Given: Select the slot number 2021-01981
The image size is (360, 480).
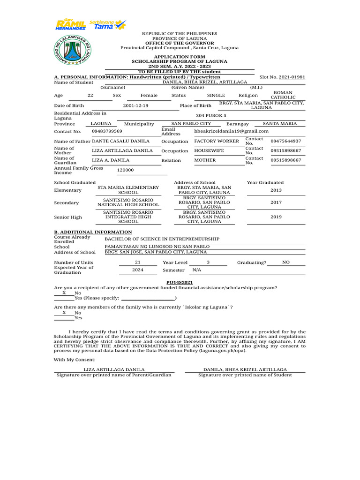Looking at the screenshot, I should pos(292,77).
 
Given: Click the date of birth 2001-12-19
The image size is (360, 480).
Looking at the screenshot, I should pos(135,106).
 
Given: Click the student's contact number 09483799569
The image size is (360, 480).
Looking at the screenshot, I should pos(107,131).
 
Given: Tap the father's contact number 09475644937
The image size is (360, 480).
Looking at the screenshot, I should pos(286,141).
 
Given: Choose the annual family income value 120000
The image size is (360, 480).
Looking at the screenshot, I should pos(125,171).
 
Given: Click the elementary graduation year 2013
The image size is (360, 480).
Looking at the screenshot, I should pos(276,190).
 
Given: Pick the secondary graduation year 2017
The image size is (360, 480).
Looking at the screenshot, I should pos(276,202).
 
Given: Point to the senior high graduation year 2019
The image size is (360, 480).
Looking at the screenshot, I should pos(276,217).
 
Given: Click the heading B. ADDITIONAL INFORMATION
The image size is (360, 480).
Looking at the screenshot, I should pos(93,232).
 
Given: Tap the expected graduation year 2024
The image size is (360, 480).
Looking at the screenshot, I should pos(137,270).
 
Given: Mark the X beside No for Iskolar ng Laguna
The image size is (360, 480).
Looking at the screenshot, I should pos(64,312).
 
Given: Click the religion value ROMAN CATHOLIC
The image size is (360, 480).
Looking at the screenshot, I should pos(283,95).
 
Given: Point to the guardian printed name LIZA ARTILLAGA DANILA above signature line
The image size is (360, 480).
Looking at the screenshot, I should pos(114,370).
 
